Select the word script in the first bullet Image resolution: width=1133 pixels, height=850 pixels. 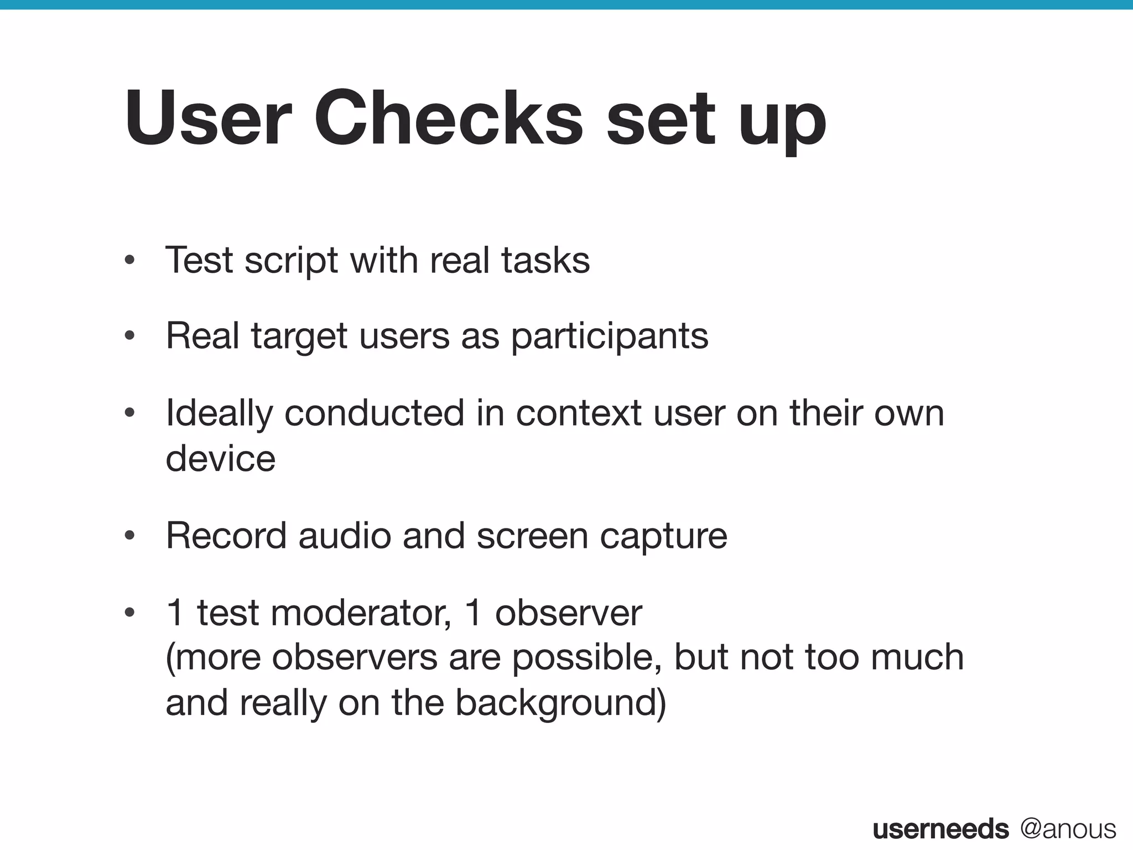(291, 261)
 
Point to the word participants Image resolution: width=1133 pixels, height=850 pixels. (609, 337)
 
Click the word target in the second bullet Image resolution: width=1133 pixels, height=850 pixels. (299, 337)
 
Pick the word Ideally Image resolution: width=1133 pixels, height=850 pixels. (219, 414)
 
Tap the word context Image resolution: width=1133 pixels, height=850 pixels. (578, 413)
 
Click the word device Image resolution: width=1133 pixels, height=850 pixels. (220, 459)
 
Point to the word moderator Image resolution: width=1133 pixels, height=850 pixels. (360, 613)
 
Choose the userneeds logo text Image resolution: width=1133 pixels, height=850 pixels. (940, 829)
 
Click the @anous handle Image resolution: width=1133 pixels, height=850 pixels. (1068, 829)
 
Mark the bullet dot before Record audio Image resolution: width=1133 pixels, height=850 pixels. (130, 536)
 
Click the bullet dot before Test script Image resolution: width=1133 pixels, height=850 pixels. (130, 260)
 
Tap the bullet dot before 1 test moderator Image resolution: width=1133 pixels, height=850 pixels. (130, 613)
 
